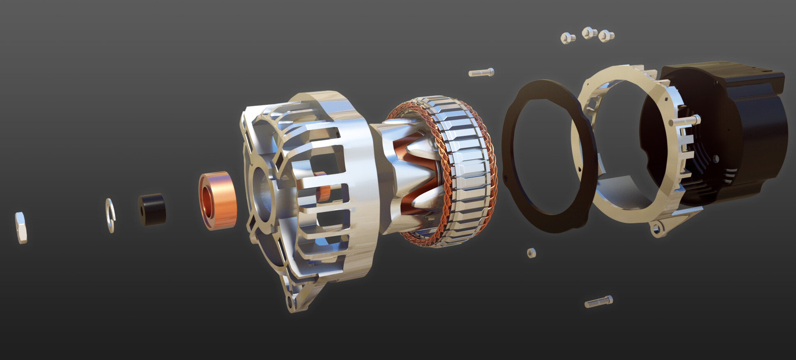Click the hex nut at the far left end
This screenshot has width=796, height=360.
[21, 227]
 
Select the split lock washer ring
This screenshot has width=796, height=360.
[110, 215]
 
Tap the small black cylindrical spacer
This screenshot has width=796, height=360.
[152, 209]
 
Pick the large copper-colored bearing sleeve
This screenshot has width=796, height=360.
[217, 200]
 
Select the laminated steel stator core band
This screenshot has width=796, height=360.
[468, 174]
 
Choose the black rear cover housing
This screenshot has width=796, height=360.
[746, 124]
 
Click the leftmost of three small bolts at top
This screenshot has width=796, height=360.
[567, 38]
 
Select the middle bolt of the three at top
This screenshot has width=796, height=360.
[589, 32]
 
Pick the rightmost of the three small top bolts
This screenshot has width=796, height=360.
[606, 36]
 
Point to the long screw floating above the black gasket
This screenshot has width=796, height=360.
[481, 73]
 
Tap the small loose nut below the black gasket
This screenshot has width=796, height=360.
[531, 252]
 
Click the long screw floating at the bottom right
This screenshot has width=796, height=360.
[598, 302]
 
